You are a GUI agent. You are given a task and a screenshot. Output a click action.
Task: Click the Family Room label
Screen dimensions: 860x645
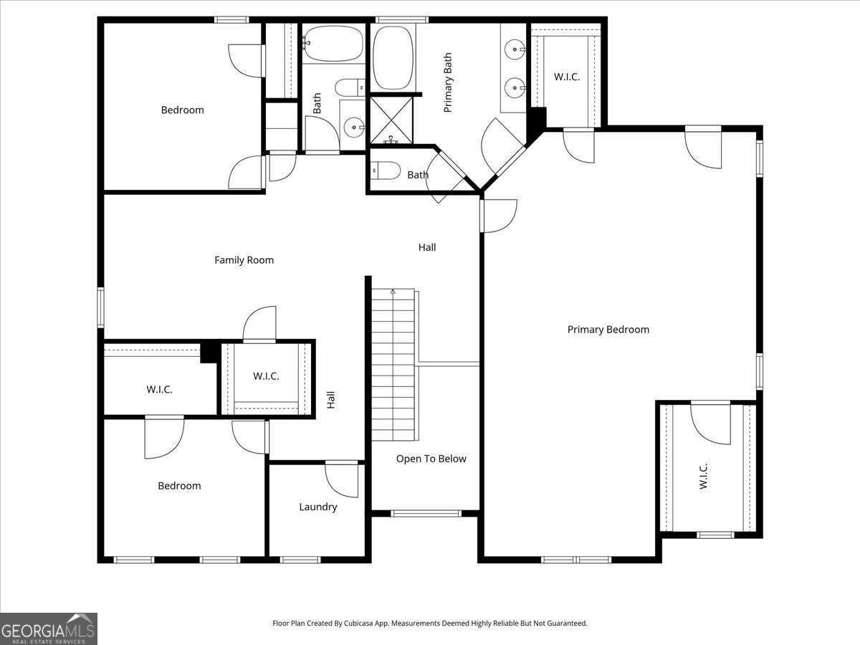pyautogui.click(x=244, y=260)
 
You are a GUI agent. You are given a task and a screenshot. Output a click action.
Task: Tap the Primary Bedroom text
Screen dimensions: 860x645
pyautogui.click(x=608, y=330)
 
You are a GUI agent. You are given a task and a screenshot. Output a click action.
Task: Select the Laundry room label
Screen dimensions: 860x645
pyautogui.click(x=317, y=507)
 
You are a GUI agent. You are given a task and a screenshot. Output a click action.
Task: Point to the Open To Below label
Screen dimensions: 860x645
pyautogui.click(x=431, y=459)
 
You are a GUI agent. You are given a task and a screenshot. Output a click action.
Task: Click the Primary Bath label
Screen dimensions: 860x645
pyautogui.click(x=447, y=82)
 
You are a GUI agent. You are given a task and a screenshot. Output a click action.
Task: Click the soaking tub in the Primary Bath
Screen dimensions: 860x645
pyautogui.click(x=393, y=57)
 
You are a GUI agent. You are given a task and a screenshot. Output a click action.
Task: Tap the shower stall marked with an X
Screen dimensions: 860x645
pyautogui.click(x=391, y=120)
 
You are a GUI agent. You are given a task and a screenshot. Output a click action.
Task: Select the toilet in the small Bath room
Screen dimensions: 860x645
pyautogui.click(x=386, y=171)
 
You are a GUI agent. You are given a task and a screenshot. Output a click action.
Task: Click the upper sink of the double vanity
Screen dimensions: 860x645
pyautogui.click(x=515, y=49)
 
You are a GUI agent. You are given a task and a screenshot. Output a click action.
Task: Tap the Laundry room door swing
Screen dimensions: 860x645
pyautogui.click(x=342, y=480)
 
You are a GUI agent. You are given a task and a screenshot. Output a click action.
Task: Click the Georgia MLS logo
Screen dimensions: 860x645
pyautogui.click(x=49, y=629)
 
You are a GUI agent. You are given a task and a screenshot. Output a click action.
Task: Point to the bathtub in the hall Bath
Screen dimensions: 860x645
pyautogui.click(x=333, y=44)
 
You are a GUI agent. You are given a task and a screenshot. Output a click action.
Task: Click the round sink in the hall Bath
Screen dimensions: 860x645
pyautogui.click(x=354, y=128)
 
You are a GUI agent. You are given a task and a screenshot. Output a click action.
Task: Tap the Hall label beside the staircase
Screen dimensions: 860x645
pyautogui.click(x=331, y=400)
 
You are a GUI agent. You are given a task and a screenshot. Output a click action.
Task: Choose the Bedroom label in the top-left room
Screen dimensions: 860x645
pyautogui.click(x=182, y=110)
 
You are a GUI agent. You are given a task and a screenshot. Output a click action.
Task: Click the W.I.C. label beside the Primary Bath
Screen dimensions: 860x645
pyautogui.click(x=567, y=77)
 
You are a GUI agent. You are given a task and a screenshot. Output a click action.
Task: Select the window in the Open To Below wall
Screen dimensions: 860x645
pyautogui.click(x=426, y=513)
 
